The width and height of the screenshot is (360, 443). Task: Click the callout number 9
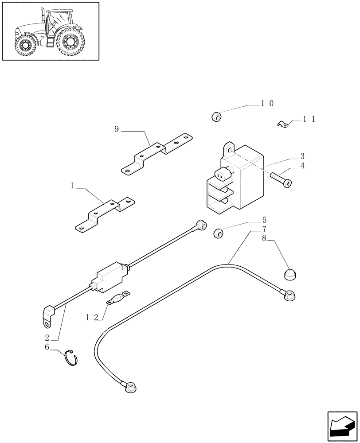[117, 129]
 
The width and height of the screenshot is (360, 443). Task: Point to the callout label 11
[309, 119]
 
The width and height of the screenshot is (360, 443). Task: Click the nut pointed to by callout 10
[216, 117]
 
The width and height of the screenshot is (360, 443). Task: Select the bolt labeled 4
[281, 179]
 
